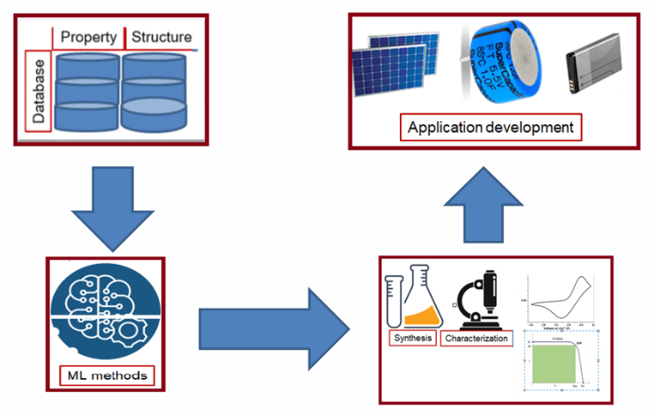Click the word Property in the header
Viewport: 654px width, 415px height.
(91, 38)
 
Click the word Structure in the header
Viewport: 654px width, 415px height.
(161, 38)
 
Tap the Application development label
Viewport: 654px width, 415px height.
(490, 127)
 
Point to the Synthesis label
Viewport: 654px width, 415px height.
(412, 339)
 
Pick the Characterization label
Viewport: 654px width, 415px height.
(476, 339)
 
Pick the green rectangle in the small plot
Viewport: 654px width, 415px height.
(555, 363)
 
